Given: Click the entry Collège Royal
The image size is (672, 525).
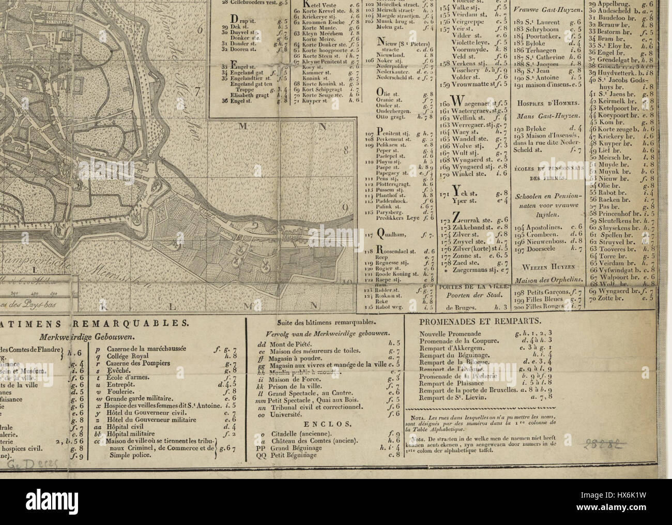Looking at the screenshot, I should tap(129, 356).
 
